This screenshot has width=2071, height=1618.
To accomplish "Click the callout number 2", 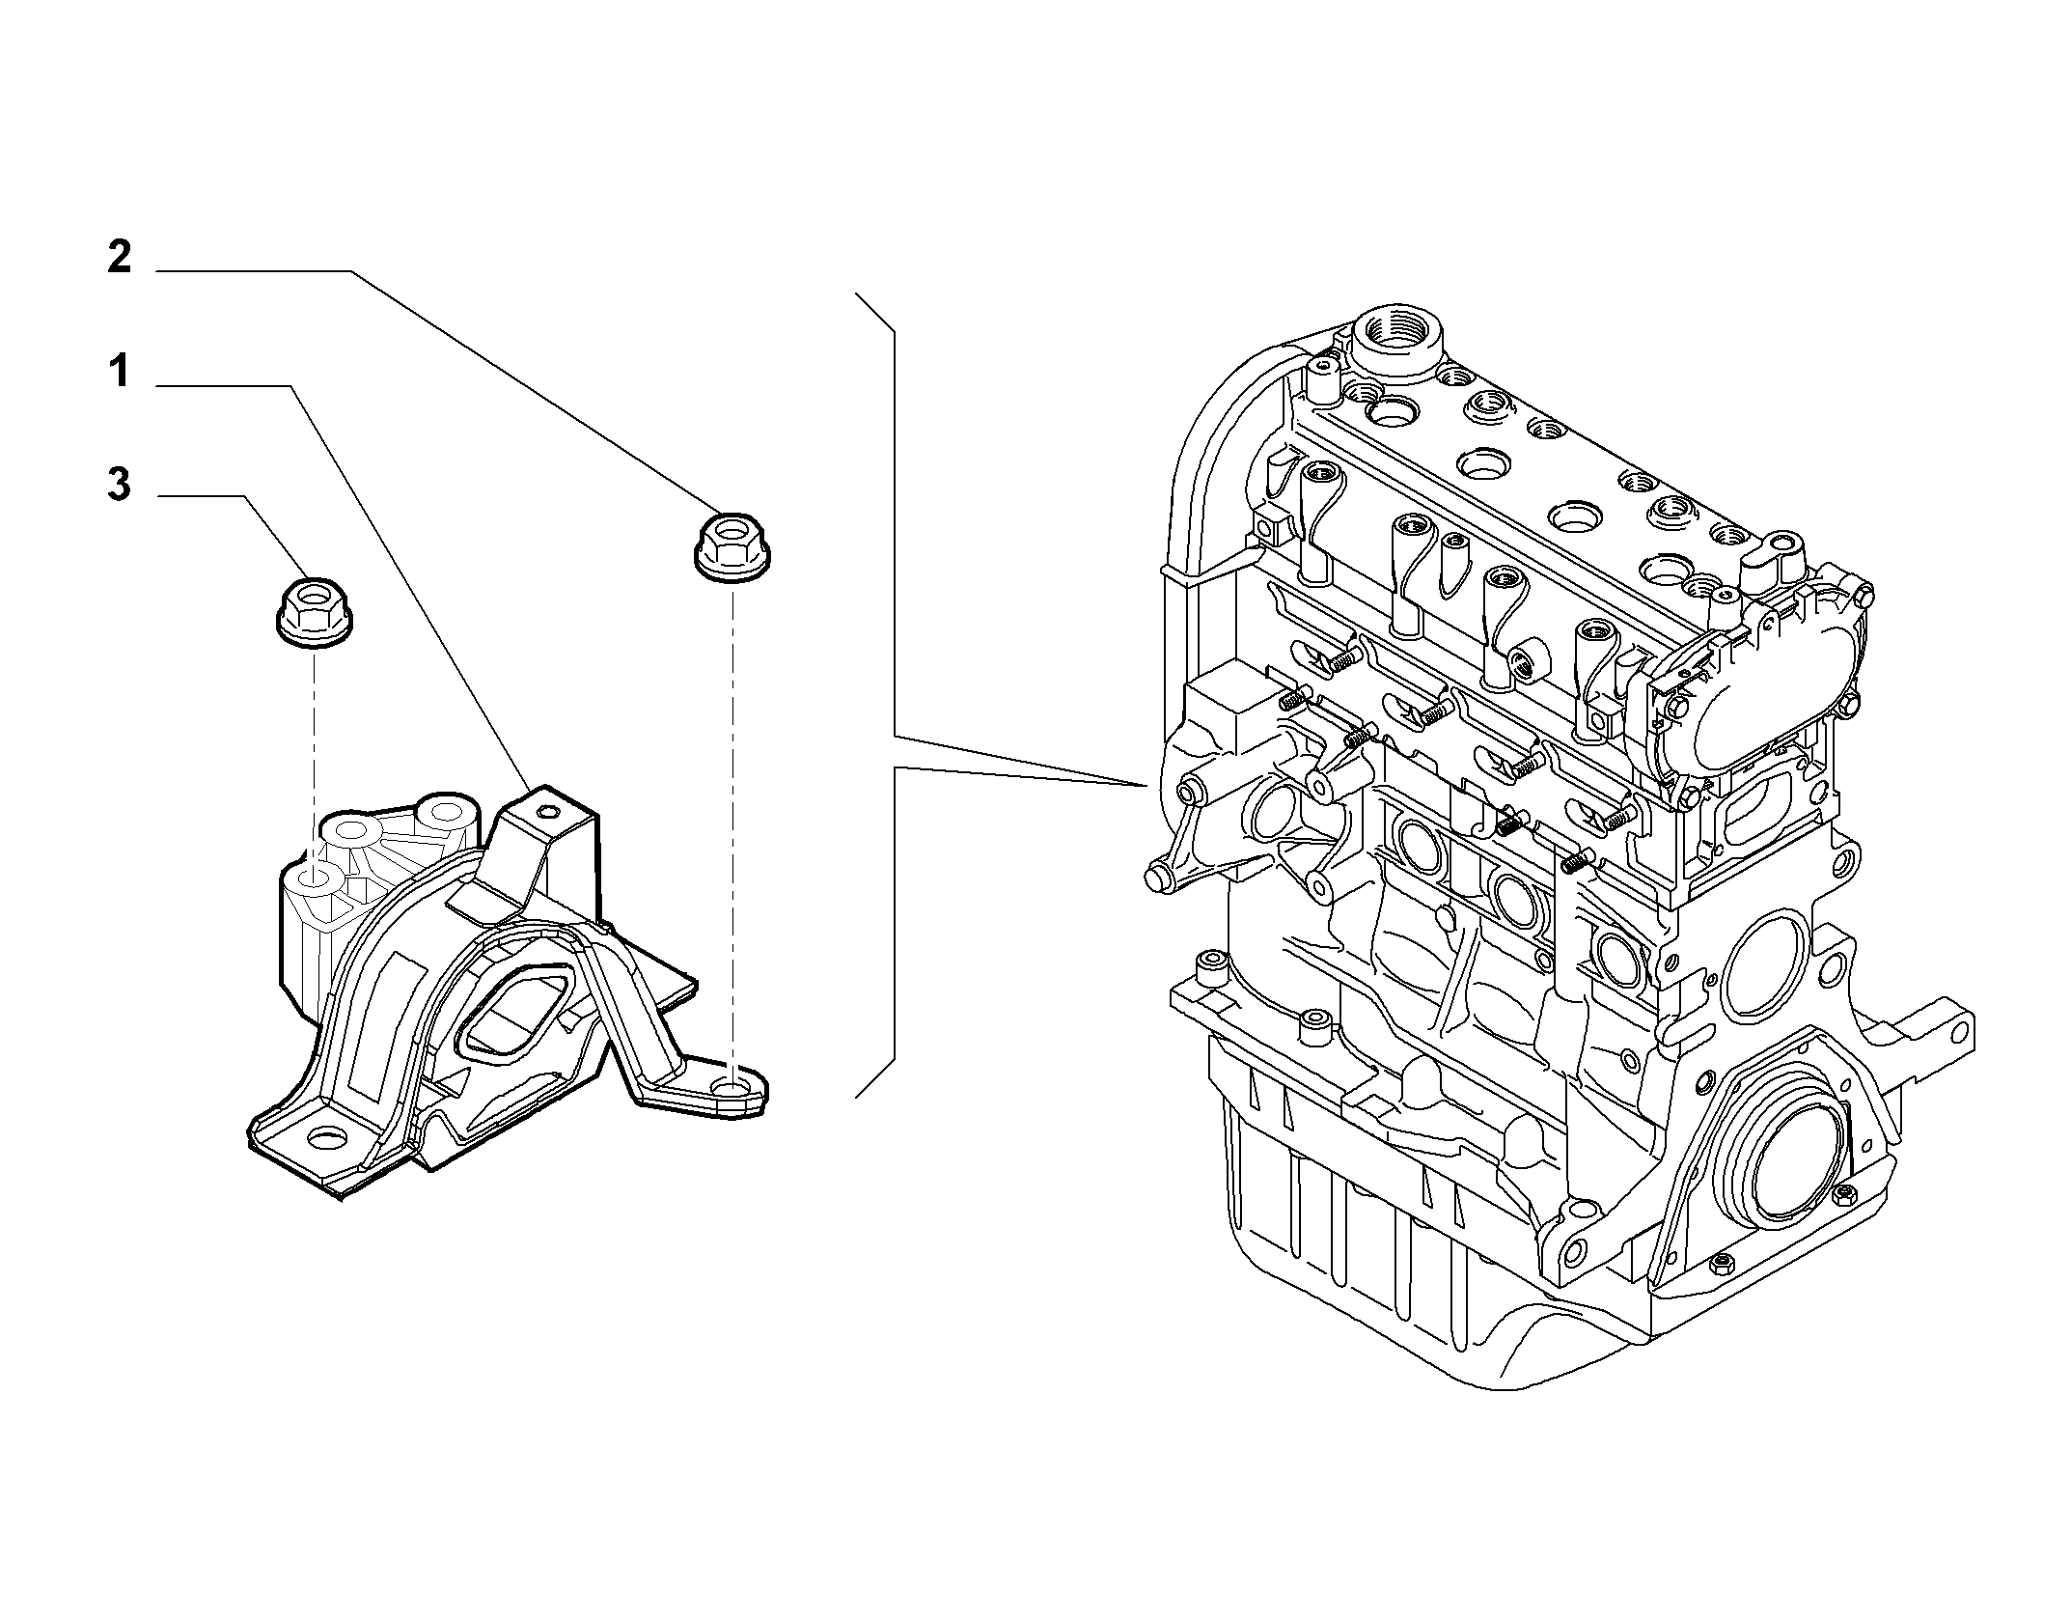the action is (119, 258).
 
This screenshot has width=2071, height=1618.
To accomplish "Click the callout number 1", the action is (119, 371).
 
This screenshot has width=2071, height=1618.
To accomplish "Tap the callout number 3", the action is (119, 485).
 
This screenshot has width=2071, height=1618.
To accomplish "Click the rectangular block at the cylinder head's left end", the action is (1224, 707).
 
